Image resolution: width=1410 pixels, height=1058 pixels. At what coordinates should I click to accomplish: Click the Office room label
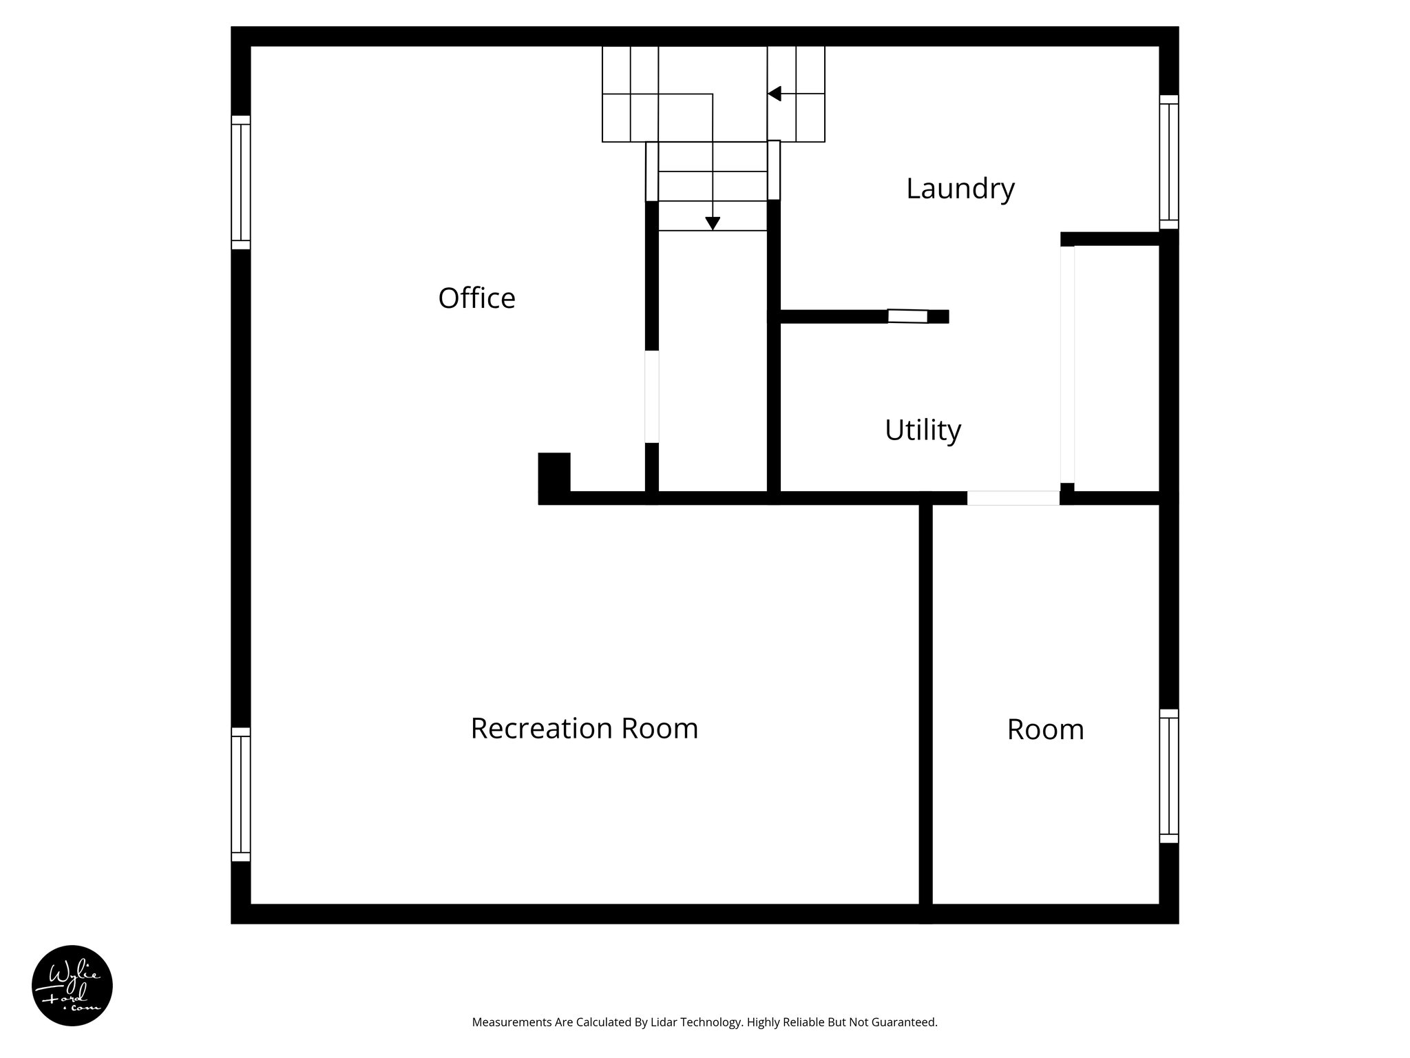[x=476, y=298]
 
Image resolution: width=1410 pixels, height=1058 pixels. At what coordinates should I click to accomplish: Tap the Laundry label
[x=960, y=188]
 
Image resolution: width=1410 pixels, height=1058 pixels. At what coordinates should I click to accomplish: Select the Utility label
[x=923, y=430]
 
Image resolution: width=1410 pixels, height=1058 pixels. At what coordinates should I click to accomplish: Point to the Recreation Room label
[x=584, y=728]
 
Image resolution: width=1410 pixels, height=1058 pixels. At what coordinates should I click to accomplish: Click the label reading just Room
[x=1045, y=729]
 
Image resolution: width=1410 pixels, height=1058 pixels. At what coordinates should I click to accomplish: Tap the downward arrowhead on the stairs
[x=713, y=223]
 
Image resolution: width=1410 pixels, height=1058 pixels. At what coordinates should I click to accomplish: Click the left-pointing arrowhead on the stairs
[x=775, y=94]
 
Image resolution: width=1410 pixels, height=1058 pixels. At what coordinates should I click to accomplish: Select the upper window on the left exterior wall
[x=240, y=182]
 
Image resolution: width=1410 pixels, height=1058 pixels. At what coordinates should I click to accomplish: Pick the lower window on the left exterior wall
[x=240, y=794]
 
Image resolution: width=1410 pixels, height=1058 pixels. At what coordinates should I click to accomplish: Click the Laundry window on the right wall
[x=1168, y=162]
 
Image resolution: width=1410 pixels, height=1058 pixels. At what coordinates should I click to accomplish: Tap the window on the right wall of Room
[x=1168, y=776]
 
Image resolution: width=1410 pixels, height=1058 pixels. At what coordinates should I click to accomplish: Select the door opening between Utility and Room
[x=1013, y=497]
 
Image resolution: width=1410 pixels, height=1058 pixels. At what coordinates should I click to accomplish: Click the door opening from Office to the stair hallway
[x=651, y=397]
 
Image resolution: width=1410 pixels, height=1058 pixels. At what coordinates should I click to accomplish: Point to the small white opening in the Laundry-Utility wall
[x=907, y=316]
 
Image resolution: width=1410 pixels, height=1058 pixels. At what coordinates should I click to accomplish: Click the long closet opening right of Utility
[x=1067, y=365]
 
